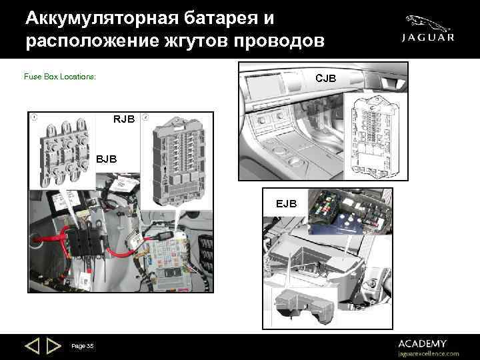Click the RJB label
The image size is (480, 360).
point(124,119)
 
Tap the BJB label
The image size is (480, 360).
point(105,159)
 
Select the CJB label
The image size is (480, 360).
point(325,78)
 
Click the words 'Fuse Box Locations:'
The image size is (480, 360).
point(60,77)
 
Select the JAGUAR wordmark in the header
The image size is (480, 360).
point(427,38)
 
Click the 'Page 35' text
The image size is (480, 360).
point(83,345)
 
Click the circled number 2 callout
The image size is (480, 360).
point(145,117)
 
